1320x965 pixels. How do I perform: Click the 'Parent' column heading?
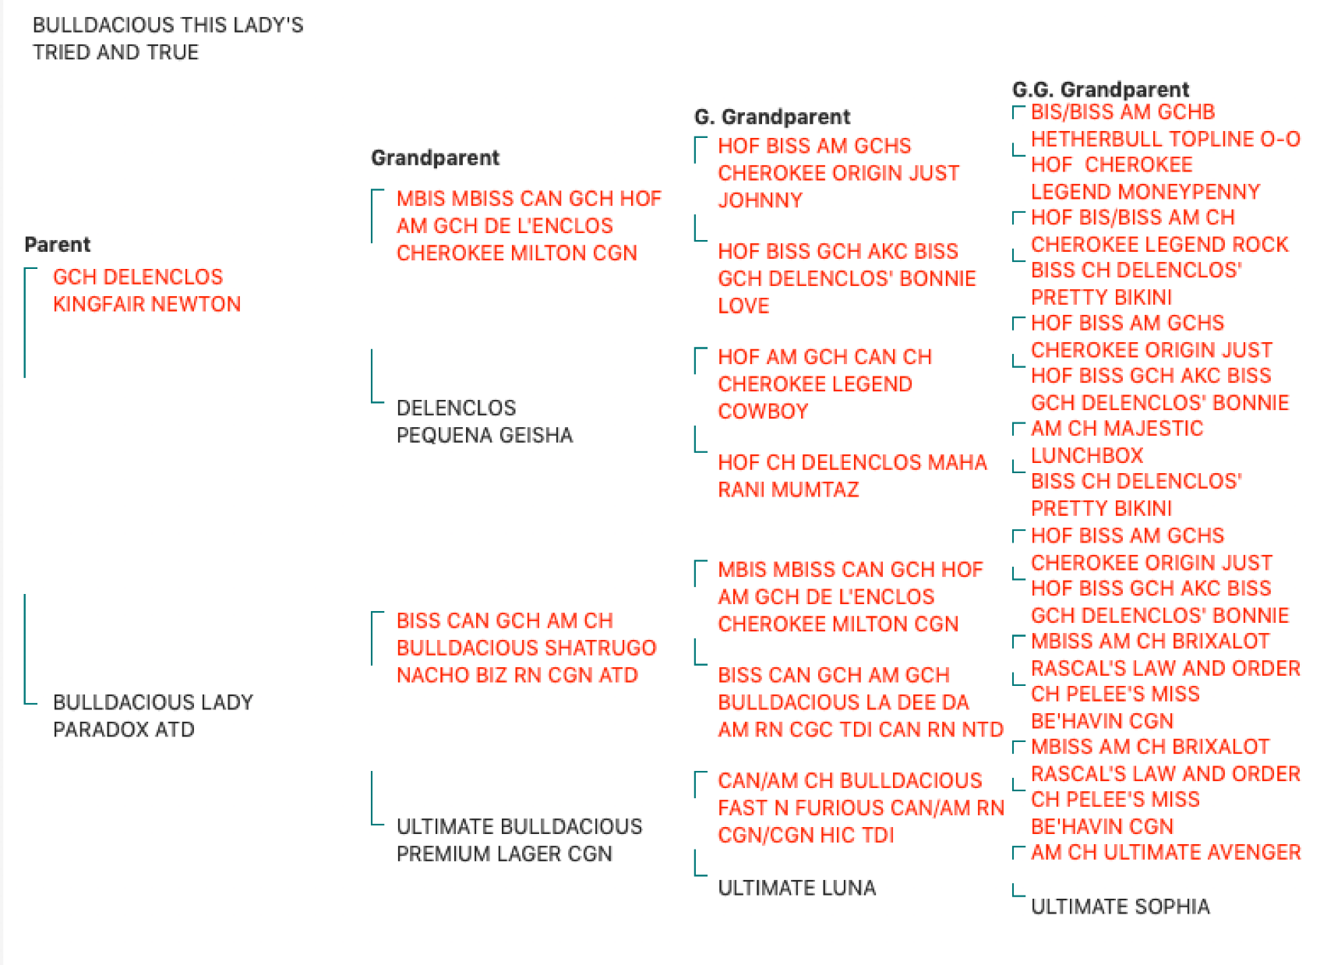coord(57,245)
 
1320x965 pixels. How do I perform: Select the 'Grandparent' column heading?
coord(435,157)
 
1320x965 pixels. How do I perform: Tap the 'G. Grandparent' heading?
coord(772,117)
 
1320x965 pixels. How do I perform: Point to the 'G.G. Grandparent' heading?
coord(1100,90)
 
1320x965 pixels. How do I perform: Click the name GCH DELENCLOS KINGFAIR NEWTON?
coord(146,291)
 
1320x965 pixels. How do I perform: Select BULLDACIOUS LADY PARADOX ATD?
coord(153,716)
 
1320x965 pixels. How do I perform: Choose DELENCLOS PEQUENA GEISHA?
coord(485,422)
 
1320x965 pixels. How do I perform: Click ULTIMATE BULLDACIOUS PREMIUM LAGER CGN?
coord(519,840)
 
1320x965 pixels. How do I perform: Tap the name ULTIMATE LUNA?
coord(796,888)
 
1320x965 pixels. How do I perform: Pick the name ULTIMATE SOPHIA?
coord(1121,907)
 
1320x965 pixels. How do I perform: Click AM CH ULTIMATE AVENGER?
coord(1166,853)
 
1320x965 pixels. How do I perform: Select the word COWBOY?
coord(763,412)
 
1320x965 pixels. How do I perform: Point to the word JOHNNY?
coord(761,200)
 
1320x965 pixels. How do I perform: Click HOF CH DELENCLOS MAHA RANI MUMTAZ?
coord(852,475)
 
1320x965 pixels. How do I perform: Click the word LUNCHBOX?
coord(1087,456)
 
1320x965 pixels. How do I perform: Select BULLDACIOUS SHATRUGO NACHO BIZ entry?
coord(526,648)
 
